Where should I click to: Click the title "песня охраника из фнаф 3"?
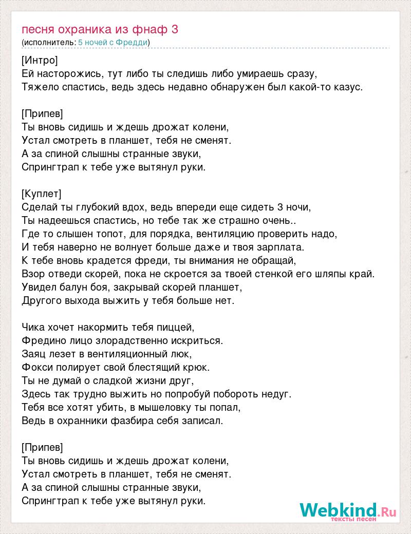coord(100,29)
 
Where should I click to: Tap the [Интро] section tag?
coord(40,60)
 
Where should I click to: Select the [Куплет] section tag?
coord(42,194)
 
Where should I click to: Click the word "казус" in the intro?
coord(349,87)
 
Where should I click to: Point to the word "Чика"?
coord(33,327)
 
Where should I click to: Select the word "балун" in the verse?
coord(77,287)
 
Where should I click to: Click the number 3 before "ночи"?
coord(280,207)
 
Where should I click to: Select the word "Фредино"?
coord(40,340)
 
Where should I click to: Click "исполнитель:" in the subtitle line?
coord(49,42)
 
